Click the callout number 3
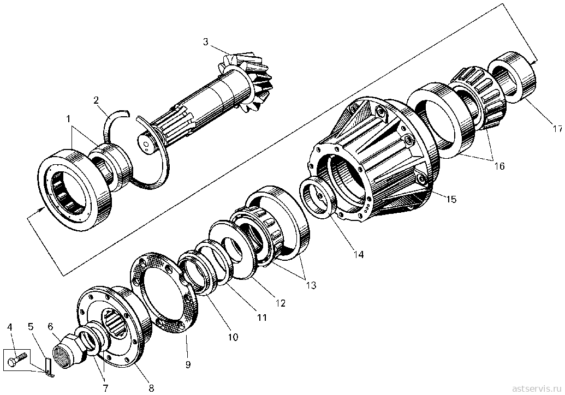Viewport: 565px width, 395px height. coord(205,42)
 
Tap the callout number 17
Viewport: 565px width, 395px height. coord(556,129)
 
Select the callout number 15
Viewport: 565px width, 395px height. coord(451,199)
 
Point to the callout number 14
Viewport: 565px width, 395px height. coord(358,255)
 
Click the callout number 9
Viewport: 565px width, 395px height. coord(188,364)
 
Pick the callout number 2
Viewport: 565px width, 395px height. coord(96,100)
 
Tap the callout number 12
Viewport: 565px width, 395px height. coord(281,303)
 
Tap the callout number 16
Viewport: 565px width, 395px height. coord(499,166)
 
